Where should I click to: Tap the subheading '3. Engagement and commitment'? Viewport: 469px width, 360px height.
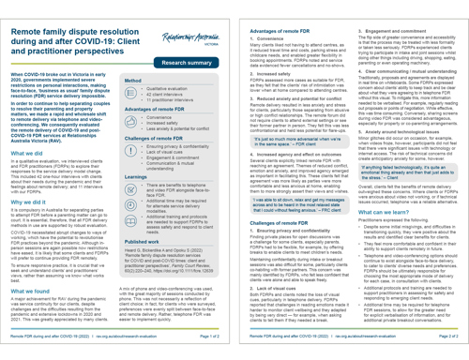tap(393, 14)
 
